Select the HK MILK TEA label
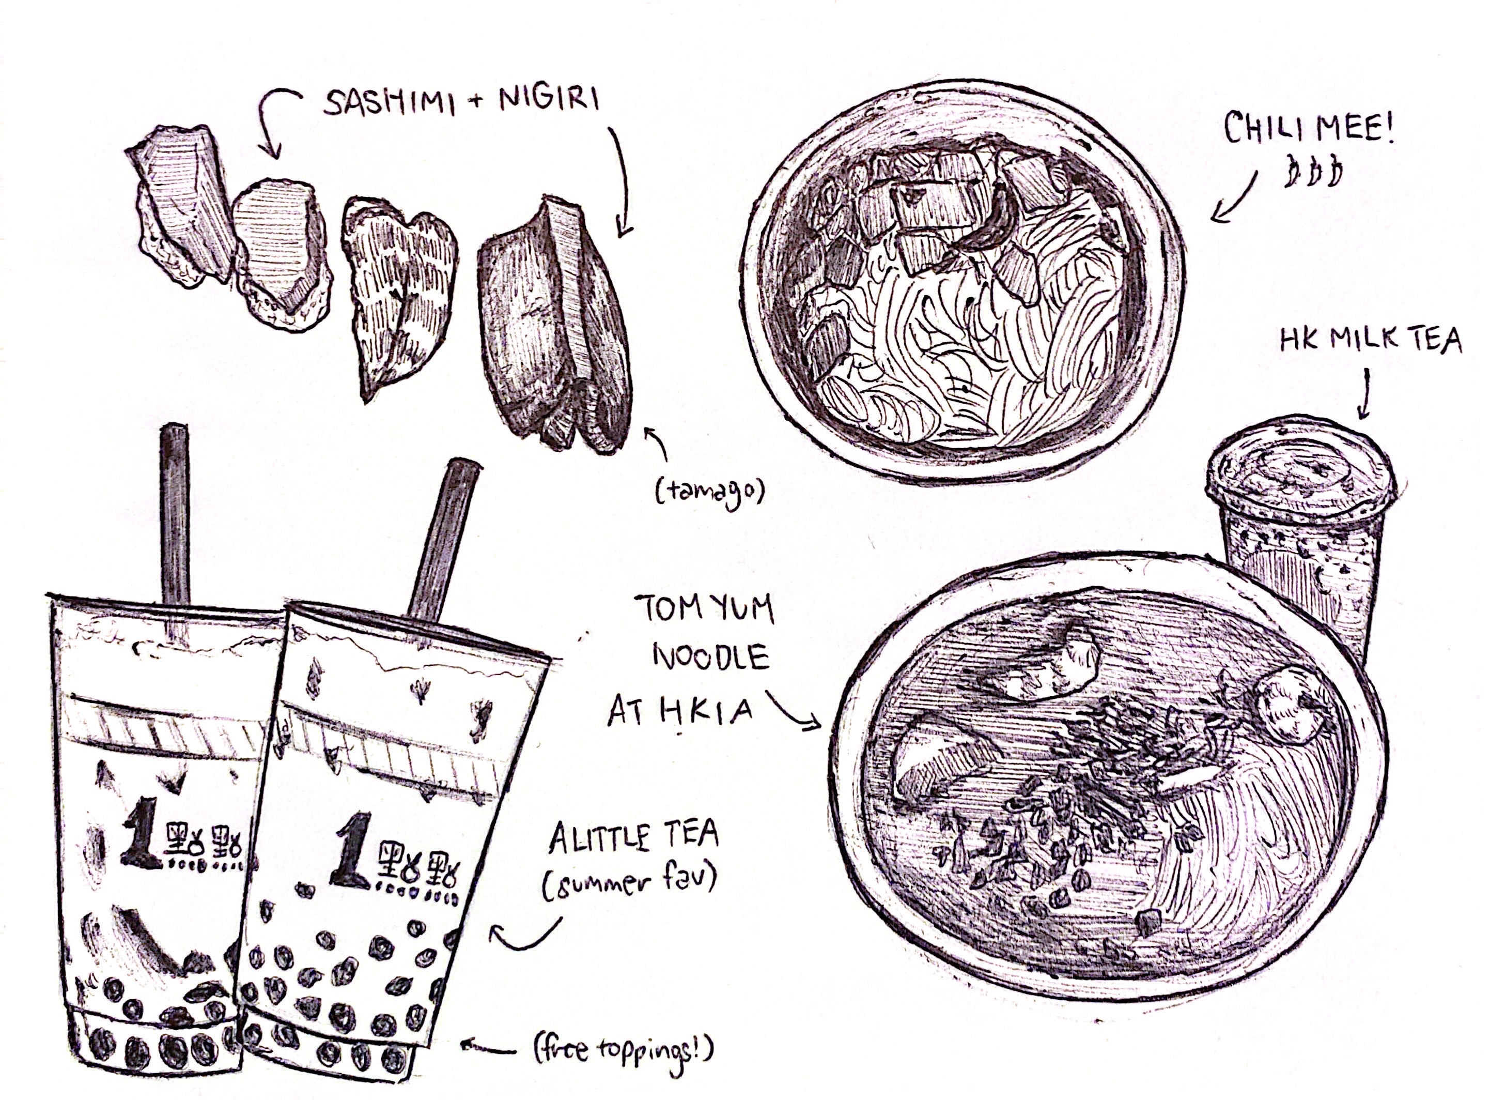click(x=1370, y=342)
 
